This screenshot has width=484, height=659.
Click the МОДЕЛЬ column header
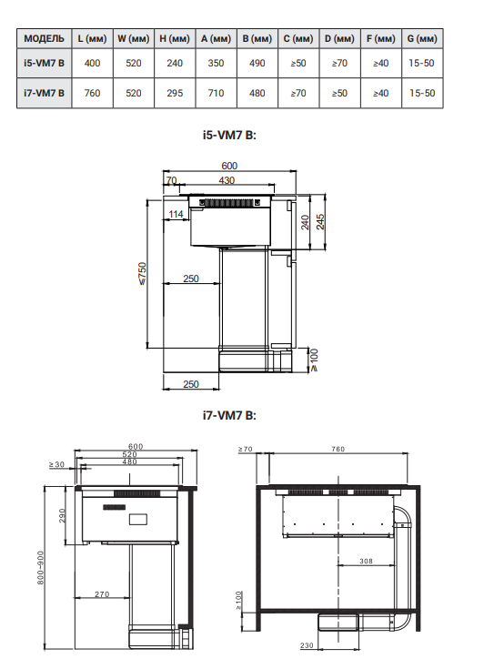click(44, 38)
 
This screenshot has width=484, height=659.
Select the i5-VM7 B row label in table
click(44, 63)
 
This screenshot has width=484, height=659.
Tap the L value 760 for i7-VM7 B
click(92, 93)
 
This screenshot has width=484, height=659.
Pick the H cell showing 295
click(175, 93)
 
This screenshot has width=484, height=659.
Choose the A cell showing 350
click(216, 63)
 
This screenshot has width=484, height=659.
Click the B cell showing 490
click(257, 63)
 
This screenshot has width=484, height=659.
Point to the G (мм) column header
click(422, 38)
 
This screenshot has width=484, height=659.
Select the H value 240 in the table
click(175, 63)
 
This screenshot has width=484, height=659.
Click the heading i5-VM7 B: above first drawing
click(229, 135)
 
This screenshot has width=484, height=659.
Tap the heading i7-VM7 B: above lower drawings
click(229, 415)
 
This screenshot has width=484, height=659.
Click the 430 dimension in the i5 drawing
click(227, 180)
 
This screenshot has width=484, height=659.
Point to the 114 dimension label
click(176, 214)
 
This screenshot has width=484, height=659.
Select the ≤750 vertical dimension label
click(143, 274)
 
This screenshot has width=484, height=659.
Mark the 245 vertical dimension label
click(320, 222)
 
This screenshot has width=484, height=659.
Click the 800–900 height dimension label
click(40, 568)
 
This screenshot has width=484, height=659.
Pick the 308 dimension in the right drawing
click(366, 561)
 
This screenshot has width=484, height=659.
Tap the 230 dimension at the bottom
click(307, 645)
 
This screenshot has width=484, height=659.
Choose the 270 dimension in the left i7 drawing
click(102, 594)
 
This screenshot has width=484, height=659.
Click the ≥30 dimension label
click(56, 464)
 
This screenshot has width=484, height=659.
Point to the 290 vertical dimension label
click(62, 516)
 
